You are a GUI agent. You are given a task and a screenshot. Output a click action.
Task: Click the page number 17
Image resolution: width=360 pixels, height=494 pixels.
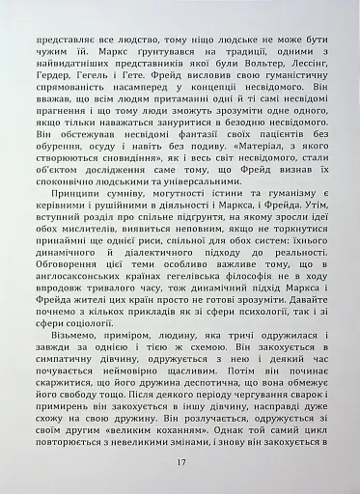[180, 461]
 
